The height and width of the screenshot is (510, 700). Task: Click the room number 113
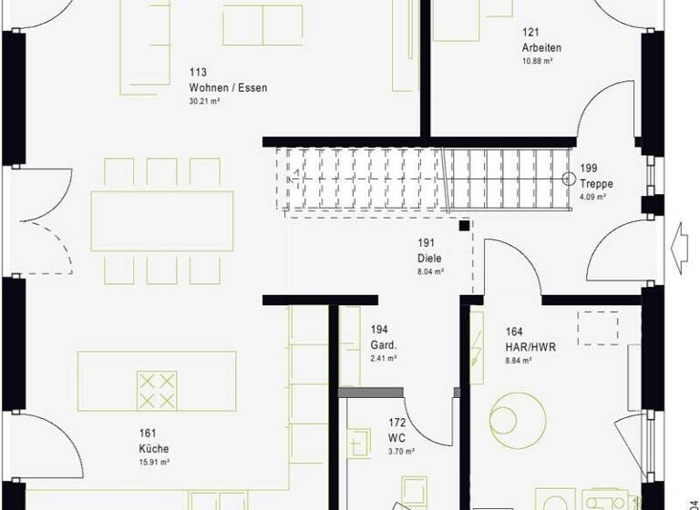198,73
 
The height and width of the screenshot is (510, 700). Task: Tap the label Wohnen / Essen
228,87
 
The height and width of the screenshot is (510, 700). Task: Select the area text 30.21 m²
204,101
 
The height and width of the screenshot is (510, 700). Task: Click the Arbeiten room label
541,48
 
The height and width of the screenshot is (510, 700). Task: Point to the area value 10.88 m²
538,61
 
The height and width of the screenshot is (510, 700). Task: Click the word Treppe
597,184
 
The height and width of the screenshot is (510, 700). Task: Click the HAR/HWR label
530,347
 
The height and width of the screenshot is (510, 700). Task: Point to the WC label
397,438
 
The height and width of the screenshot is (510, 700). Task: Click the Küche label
154,449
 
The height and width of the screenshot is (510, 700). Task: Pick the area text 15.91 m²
154,462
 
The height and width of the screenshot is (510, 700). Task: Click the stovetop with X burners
157,390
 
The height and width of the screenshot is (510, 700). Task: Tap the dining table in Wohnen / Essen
162,221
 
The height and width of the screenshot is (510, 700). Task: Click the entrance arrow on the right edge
679,244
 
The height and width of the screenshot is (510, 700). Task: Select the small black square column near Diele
465,225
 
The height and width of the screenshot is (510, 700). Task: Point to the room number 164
514,332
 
